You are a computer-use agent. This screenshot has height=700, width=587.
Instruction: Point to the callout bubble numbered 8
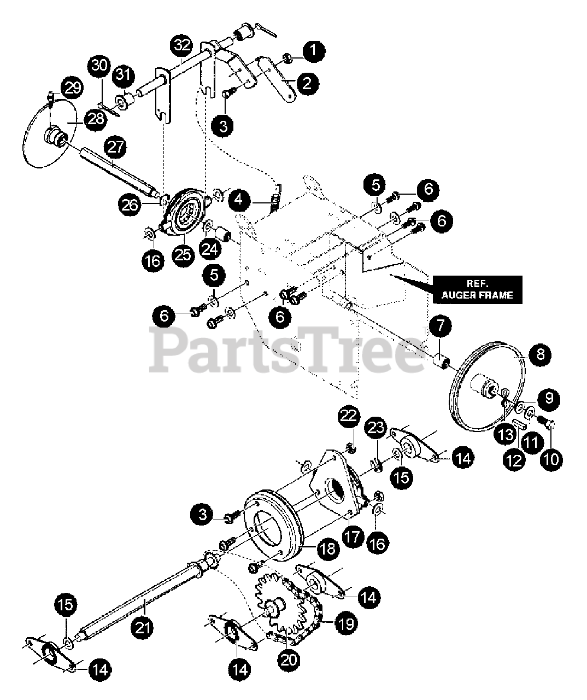coord(540,354)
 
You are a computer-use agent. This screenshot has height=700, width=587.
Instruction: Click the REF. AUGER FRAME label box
coord(477,289)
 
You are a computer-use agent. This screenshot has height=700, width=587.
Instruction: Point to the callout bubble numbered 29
coord(72,87)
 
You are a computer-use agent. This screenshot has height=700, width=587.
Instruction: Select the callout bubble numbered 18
coord(327,549)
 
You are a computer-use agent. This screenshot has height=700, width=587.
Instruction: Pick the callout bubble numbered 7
coord(441,327)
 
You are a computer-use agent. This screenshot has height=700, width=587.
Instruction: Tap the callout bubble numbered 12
coord(514,460)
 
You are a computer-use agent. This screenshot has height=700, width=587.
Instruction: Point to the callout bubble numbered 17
coord(352,535)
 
